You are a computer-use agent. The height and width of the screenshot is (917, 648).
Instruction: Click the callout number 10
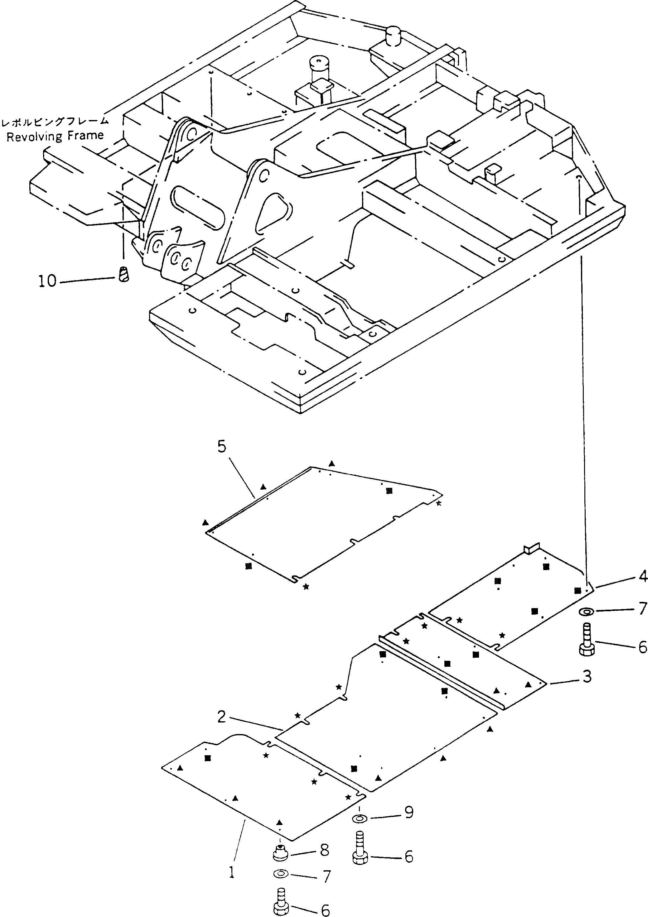point(47,281)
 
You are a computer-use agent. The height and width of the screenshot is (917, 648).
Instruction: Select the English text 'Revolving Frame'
point(55,136)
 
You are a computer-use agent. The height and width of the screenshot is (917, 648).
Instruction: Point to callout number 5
point(222,447)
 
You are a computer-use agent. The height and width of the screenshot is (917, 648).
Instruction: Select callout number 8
point(324,850)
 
